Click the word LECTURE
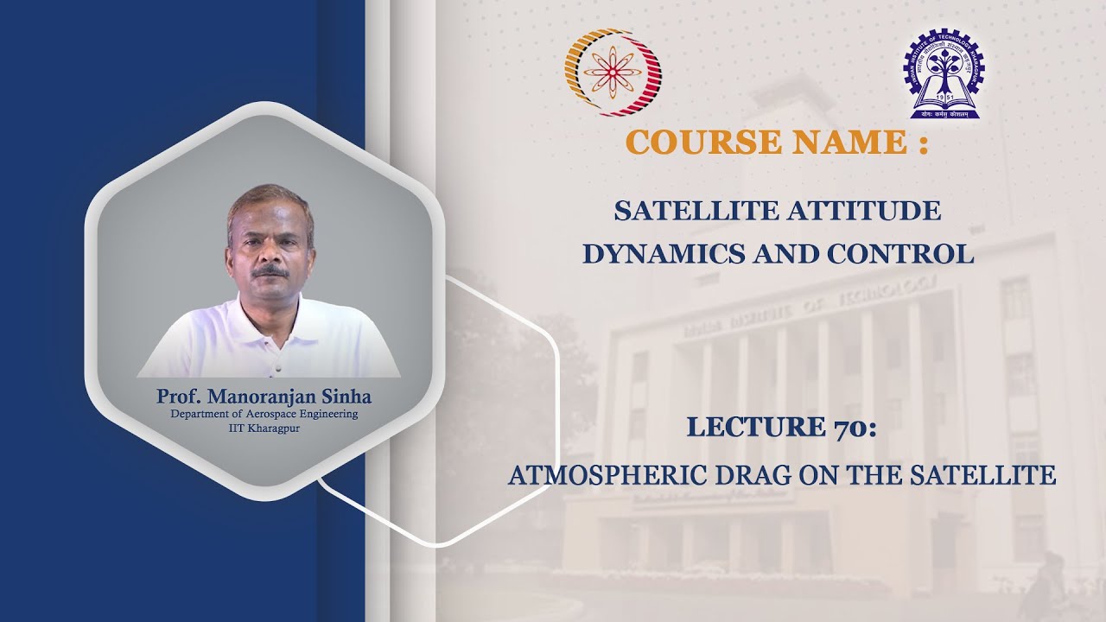pyautogui.click(x=754, y=427)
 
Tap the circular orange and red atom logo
pyautogui.click(x=613, y=72)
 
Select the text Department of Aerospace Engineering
pyautogui.click(x=264, y=415)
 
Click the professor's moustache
pyautogui.click(x=270, y=271)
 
